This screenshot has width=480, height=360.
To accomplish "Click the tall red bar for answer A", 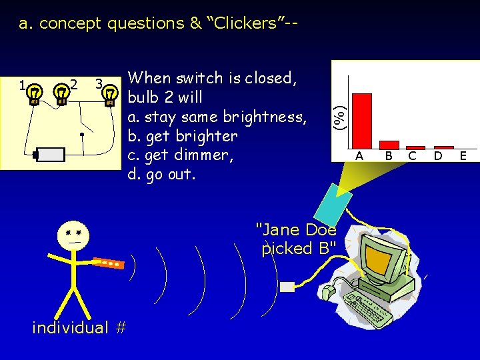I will point(361,120).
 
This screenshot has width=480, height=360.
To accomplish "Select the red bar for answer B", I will point(389,144).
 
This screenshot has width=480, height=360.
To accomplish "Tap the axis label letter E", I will point(463,156).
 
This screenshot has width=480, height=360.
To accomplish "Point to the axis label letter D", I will point(438,156).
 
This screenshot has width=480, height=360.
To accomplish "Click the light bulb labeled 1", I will point(34,95).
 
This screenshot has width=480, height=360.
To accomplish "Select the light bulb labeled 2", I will point(61,95).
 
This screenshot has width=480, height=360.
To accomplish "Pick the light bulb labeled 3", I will point(110,95).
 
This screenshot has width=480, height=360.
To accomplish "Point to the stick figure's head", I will point(73,234).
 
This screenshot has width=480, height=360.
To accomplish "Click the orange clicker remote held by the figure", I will point(107,263).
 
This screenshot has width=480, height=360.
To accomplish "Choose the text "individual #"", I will point(79,327).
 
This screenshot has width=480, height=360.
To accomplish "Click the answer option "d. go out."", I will point(162,175).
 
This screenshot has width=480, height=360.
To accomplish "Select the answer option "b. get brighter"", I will point(182,136).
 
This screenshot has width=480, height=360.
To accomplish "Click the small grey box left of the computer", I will point(287,287).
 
